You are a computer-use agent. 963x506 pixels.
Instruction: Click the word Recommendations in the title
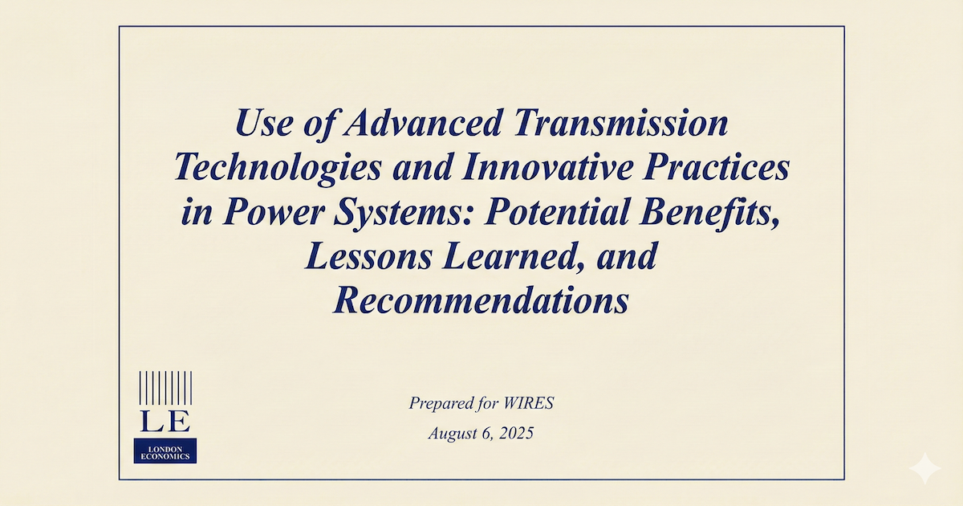tap(481, 301)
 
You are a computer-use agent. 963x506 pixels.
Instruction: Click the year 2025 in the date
tap(516, 434)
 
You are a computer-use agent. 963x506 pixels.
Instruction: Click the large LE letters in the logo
tap(165, 421)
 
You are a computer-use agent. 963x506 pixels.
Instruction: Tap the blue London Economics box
tap(165, 451)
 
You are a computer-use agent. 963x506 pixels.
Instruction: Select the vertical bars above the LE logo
tap(165, 389)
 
